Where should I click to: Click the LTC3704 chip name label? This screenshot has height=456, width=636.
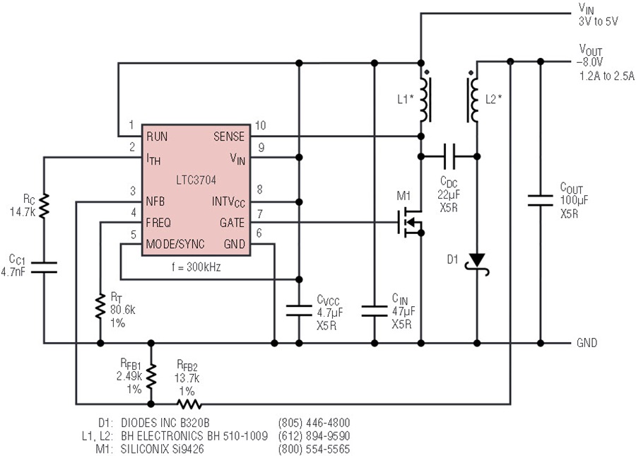(196, 180)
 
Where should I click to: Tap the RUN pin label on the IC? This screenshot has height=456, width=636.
(157, 136)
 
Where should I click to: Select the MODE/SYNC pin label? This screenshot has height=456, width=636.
(175, 244)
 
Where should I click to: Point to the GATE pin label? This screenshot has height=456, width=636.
(232, 223)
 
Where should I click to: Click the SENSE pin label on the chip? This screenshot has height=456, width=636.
(229, 136)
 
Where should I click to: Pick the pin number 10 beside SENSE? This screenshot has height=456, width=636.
(260, 125)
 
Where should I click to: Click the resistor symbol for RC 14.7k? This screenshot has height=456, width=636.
(44, 206)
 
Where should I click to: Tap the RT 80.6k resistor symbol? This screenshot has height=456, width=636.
(100, 307)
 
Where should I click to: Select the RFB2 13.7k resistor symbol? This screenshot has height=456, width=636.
(189, 404)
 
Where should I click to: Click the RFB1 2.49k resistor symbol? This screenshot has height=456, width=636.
(151, 376)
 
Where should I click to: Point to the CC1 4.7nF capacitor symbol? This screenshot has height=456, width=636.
(44, 267)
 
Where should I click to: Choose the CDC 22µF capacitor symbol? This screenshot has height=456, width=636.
(449, 156)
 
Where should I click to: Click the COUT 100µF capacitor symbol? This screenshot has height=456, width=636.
(540, 200)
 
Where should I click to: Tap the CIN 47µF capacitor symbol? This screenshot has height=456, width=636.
(374, 311)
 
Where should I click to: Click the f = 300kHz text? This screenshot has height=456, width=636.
(196, 267)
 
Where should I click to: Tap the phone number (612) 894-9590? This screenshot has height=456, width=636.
(314, 436)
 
